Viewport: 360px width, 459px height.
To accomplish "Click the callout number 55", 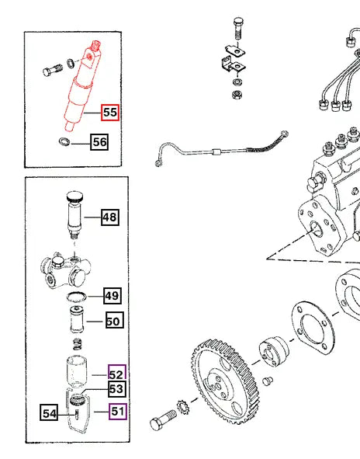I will click(110, 113).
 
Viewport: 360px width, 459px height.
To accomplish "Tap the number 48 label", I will click(110, 217).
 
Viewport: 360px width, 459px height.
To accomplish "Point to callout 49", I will click(113, 296).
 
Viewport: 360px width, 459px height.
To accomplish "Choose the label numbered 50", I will click(113, 319).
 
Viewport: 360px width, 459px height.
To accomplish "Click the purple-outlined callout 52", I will click(117, 374).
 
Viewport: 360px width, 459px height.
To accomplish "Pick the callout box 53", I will click(116, 389).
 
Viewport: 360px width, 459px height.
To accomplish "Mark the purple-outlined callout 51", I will click(117, 412).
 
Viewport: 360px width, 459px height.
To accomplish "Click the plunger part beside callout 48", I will click(75, 214).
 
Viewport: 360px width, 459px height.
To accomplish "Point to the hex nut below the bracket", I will click(234, 94).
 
